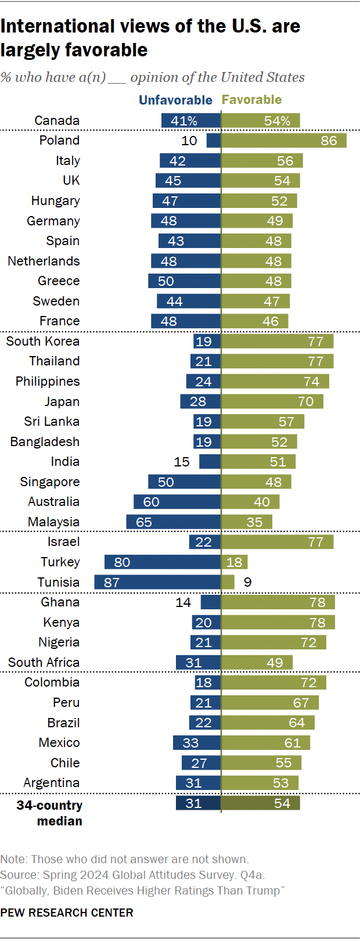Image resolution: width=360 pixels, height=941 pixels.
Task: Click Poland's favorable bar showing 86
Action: [284, 141]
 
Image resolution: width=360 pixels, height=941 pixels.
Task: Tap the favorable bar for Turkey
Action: [235, 562]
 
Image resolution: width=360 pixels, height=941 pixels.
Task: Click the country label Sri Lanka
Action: [52, 422]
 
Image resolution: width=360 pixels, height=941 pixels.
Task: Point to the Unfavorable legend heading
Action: [175, 100]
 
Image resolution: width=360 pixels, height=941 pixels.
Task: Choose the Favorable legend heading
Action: [252, 100]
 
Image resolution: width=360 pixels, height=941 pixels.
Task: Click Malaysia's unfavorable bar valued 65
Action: [173, 522]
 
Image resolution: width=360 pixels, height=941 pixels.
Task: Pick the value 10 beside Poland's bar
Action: [189, 141]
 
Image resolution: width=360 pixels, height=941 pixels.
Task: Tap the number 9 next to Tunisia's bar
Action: [248, 582]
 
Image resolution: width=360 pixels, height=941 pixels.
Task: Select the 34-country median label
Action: [50, 813]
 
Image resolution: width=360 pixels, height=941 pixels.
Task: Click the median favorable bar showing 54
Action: [261, 803]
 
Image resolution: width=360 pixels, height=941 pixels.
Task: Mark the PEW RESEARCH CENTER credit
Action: [67, 913]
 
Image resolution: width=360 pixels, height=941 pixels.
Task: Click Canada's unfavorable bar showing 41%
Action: [191, 121]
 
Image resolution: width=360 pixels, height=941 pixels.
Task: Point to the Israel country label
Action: [64, 542]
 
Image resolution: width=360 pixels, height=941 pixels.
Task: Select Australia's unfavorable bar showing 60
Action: [177, 502]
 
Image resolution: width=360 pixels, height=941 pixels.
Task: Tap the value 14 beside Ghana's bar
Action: [183, 602]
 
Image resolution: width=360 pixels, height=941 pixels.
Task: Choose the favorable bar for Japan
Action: [272, 401]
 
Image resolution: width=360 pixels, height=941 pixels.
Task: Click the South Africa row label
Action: [44, 663]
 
